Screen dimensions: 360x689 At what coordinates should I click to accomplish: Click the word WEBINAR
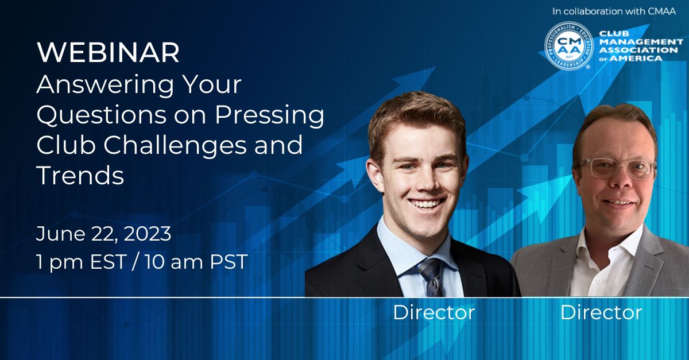point(108,53)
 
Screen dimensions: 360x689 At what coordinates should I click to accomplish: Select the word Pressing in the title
point(269,115)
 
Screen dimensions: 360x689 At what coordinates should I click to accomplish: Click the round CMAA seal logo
point(568,47)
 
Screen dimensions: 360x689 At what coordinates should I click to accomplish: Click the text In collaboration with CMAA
point(614,11)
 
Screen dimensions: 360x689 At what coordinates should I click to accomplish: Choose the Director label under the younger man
point(433,312)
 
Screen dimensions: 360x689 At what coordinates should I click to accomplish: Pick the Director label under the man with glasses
point(601,312)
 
